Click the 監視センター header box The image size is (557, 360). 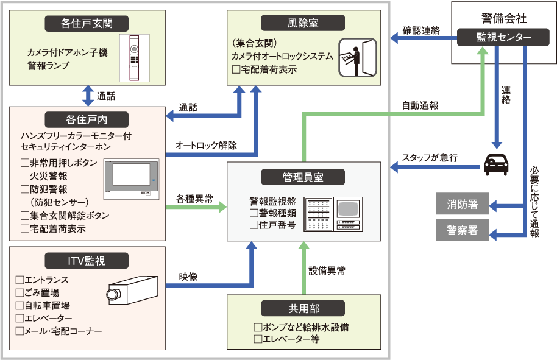[503, 37]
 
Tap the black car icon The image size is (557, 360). [496, 164]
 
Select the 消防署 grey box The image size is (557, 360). [462, 204]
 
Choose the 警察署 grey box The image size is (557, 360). [462, 230]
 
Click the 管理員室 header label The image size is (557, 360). [303, 177]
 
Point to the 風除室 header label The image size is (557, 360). [303, 23]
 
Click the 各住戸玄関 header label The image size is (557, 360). [87, 23]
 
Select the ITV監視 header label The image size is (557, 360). [87, 261]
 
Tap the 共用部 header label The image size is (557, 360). [303, 308]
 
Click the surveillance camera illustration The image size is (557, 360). [132, 290]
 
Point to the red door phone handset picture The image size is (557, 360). [134, 58]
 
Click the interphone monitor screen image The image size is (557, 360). [132, 179]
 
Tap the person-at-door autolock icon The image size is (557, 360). [357, 57]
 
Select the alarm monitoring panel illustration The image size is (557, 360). [333, 214]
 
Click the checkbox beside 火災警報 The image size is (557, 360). [25, 176]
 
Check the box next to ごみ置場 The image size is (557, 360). [20, 292]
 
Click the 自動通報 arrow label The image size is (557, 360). [420, 105]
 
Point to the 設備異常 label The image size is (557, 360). [327, 271]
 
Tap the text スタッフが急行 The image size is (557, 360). [430, 157]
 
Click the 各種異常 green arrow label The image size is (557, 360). [194, 199]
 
